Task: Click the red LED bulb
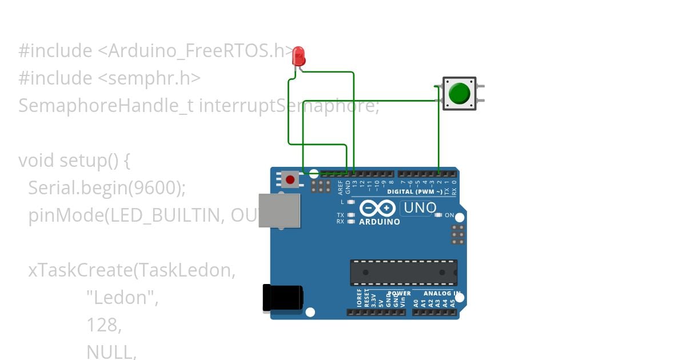click(298, 57)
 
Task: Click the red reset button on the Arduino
click(290, 179)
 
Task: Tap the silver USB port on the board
click(279, 210)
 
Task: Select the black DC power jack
click(282, 298)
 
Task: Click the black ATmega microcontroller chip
click(404, 273)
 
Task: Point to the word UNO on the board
click(420, 209)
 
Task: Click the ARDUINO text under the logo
click(380, 222)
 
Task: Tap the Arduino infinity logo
click(378, 208)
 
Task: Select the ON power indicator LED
click(438, 215)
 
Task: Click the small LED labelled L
click(350, 202)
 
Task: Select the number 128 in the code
click(103, 325)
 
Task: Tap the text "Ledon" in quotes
click(122, 297)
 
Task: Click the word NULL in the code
click(111, 352)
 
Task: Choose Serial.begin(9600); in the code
click(107, 187)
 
